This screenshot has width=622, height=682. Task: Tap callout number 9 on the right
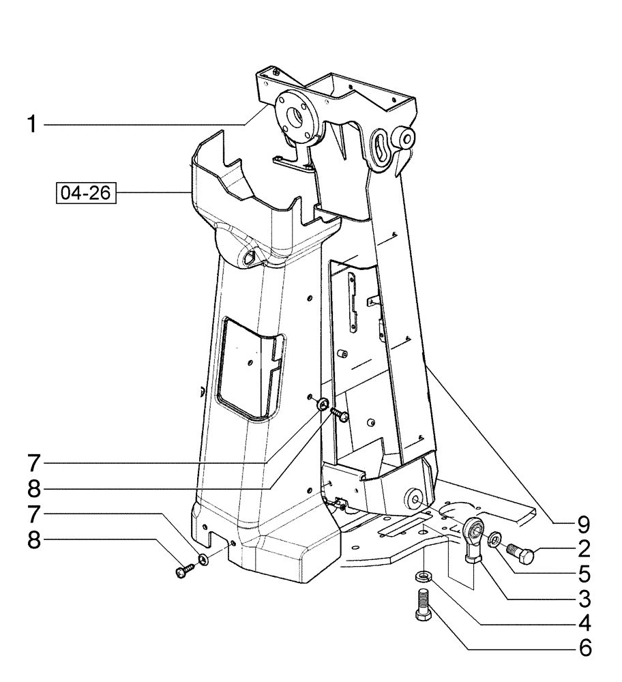(x=583, y=524)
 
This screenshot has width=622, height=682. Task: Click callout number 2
(x=583, y=548)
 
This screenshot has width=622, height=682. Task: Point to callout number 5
(x=583, y=572)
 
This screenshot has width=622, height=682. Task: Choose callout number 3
(x=583, y=597)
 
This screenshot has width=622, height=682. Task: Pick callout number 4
(x=583, y=622)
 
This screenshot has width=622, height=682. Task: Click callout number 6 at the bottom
(x=583, y=647)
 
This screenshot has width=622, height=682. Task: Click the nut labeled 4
(x=423, y=576)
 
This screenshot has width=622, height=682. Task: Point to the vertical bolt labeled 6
(x=423, y=604)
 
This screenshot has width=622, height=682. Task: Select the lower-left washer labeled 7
(x=203, y=561)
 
